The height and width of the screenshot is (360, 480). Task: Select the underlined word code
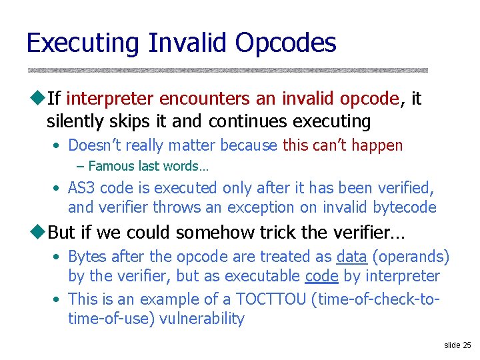[320, 276]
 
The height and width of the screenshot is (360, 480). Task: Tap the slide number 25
[467, 345]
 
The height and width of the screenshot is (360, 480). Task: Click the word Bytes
[88, 257]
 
